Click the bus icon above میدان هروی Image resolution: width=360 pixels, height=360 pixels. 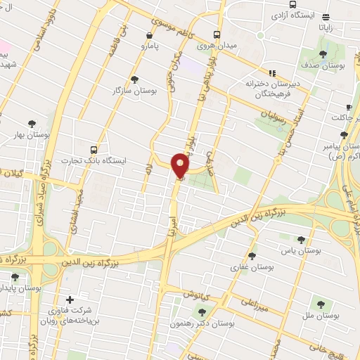[x=217, y=34]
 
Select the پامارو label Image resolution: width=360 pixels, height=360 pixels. [x=150, y=47]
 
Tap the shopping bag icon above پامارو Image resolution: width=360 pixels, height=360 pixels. [x=149, y=35]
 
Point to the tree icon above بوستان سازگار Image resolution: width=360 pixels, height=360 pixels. [x=134, y=79]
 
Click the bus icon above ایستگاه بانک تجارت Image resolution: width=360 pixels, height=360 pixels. [x=94, y=149]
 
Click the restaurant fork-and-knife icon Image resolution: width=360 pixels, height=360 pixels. [x=272, y=72]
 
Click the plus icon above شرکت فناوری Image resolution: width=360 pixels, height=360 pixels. [x=69, y=300]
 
